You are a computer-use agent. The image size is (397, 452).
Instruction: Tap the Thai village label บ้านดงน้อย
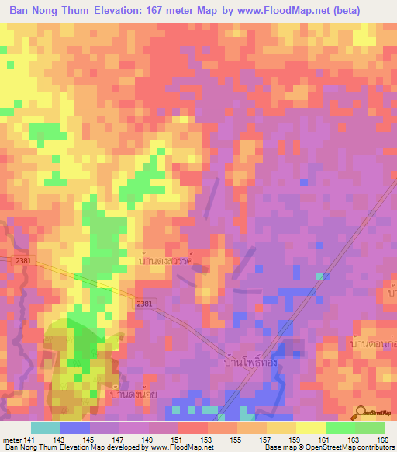129,394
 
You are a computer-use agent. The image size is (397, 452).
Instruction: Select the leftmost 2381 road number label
22,262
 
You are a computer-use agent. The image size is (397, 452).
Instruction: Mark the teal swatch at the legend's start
45,427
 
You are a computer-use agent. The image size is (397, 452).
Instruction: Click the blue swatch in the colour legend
74,427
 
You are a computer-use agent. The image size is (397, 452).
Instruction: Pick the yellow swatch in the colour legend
310,427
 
